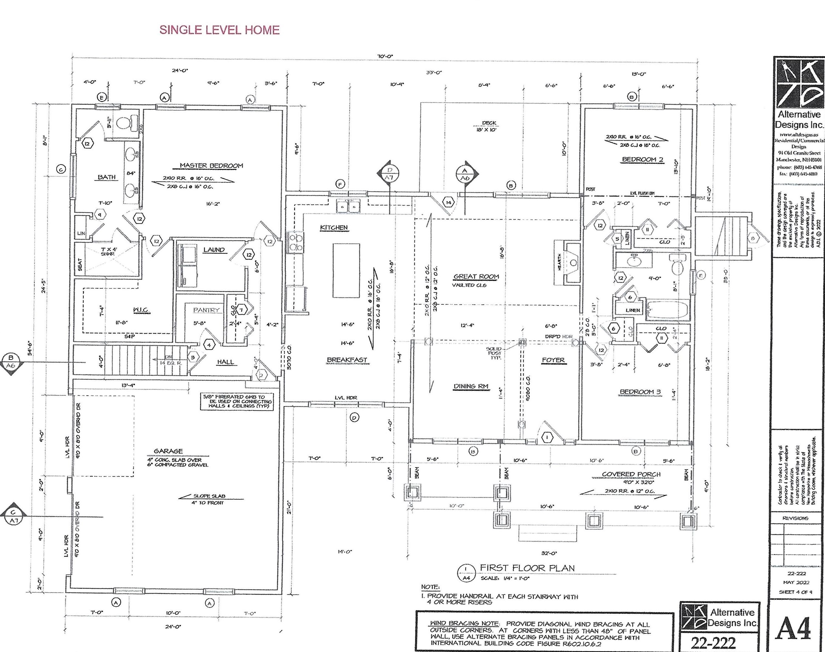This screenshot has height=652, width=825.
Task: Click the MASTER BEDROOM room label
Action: point(211,166)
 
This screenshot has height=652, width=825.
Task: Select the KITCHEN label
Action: point(334,227)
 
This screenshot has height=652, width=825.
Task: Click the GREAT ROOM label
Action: point(476,277)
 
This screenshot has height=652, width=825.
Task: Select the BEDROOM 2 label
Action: point(642,160)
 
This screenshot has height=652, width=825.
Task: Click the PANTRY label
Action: point(206,310)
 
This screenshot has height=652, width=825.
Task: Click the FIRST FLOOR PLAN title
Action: point(527,568)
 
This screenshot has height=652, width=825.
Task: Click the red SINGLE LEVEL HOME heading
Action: point(219,30)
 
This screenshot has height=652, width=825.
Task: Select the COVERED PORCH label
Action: point(631,474)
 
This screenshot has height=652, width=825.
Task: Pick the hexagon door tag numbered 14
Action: point(449,202)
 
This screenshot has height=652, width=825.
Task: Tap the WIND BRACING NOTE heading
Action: point(464,623)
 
